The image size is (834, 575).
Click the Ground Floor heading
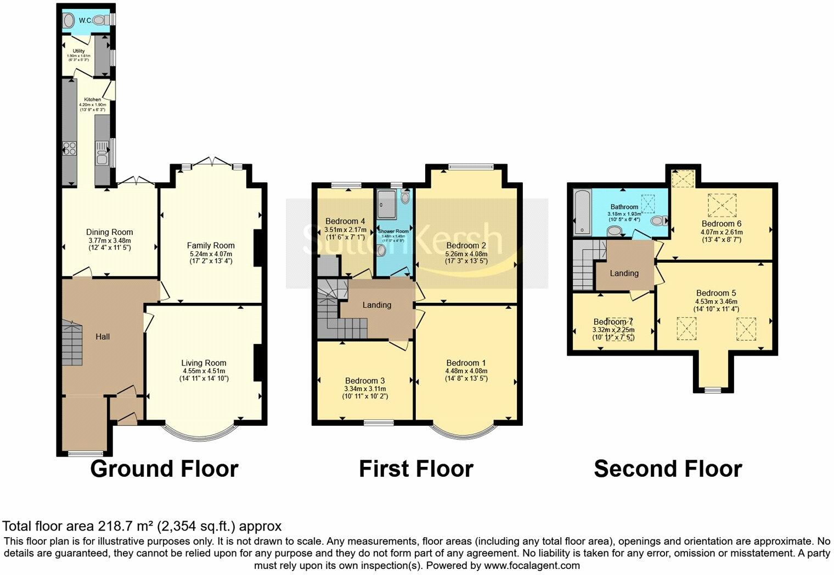coord(164,469)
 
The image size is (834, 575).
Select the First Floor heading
coord(416,469)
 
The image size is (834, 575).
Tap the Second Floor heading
coord(668,469)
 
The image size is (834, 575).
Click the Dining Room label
coord(110,232)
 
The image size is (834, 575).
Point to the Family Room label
coord(211,245)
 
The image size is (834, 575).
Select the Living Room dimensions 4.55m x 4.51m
coord(204,371)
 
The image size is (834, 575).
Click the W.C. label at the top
coord(85,21)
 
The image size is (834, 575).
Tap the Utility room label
coord(78,51)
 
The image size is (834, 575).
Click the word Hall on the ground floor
coord(103,336)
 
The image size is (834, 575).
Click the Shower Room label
coord(393,232)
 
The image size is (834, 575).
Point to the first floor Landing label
coord(377,305)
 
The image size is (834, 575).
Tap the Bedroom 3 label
coord(365,380)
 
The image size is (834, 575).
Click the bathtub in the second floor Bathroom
coord(581,212)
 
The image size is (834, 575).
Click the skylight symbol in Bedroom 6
coord(720,205)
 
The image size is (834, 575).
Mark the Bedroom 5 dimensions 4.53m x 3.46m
coord(716,301)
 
